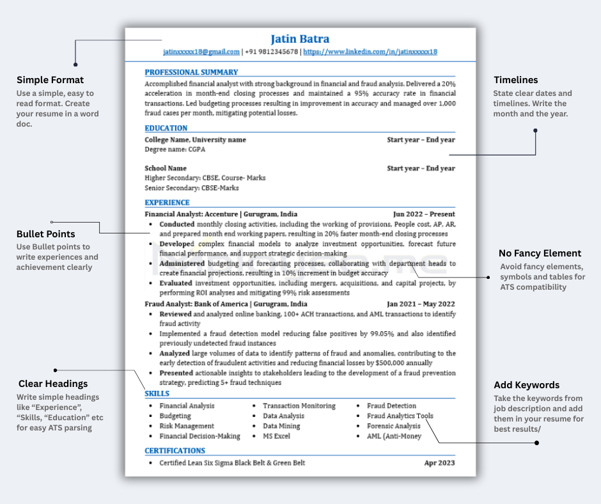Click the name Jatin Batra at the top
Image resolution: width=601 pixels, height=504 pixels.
300,39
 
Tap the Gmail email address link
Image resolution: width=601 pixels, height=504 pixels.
201,52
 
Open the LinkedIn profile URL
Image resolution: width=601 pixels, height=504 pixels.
370,52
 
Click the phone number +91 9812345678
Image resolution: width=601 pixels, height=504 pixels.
271,52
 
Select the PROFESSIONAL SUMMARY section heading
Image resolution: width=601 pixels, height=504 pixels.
191,72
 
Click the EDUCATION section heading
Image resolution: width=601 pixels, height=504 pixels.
166,128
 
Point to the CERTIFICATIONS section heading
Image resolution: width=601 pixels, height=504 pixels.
175,450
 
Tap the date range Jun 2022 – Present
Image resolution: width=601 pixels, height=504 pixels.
424,214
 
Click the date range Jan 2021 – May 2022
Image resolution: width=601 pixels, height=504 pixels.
421,304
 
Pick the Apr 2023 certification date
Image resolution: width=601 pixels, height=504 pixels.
440,463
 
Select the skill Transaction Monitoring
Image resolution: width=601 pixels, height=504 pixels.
299,406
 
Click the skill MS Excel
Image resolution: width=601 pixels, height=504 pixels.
276,436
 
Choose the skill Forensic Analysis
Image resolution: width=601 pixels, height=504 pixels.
394,426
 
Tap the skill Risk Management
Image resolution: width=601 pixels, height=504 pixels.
187,426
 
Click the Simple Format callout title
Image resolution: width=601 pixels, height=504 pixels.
50,80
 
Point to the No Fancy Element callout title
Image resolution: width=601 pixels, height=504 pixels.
540,253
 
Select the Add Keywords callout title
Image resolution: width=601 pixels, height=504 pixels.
527,385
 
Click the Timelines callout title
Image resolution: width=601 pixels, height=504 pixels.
516,80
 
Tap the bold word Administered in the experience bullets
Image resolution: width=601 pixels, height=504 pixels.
182,264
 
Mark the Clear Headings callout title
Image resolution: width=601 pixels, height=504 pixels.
52,384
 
